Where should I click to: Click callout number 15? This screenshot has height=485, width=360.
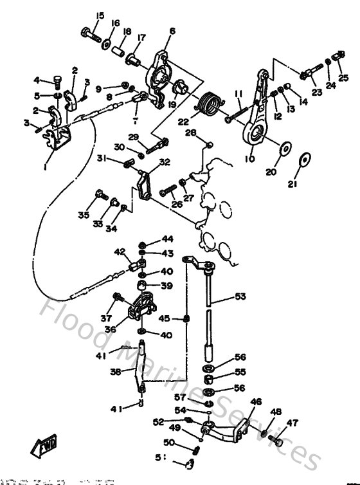[100, 15]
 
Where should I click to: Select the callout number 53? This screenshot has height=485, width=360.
[240, 297]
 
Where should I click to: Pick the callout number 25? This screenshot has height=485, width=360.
[343, 78]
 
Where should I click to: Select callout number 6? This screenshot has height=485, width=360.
[172, 30]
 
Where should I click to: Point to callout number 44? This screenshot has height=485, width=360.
[167, 239]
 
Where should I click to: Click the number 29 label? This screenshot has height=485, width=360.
[133, 136]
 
